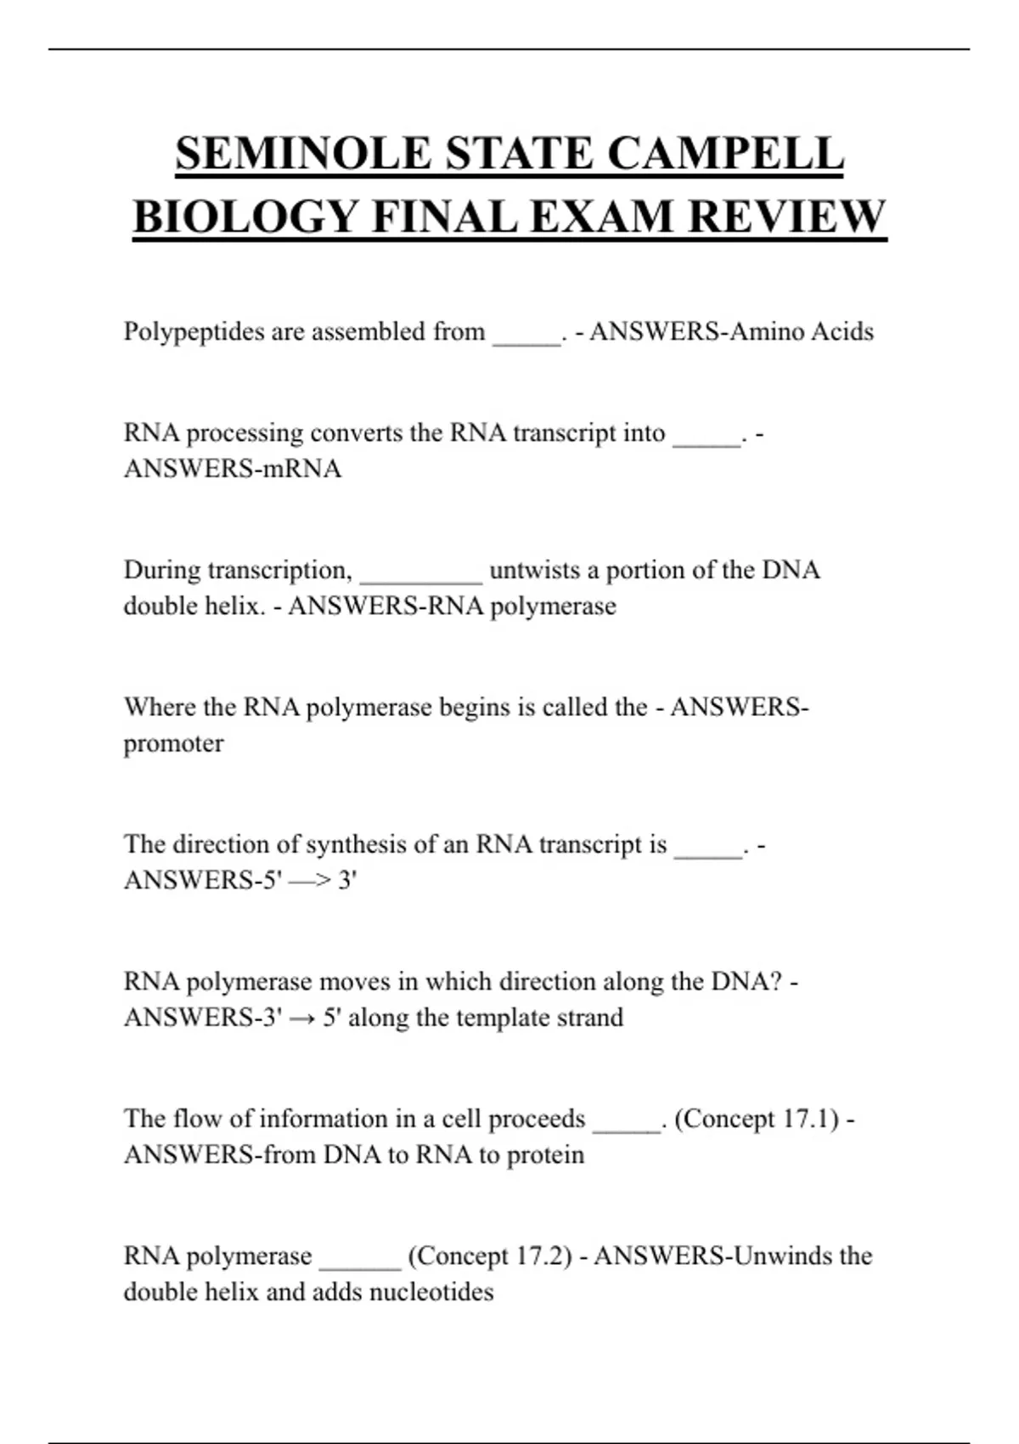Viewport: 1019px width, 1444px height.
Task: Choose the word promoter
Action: point(173,744)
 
